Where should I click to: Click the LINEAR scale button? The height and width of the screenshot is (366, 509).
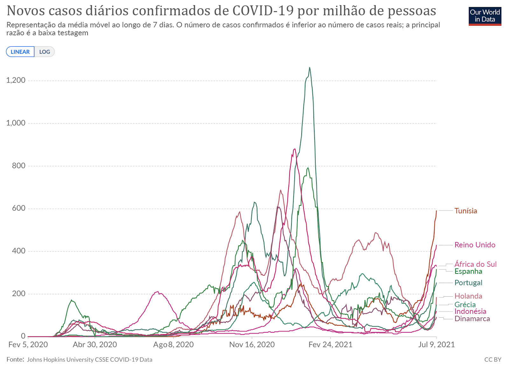point(20,52)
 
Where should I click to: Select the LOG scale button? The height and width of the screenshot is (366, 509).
point(45,52)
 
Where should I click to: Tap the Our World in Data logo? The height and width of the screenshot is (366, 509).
point(485,16)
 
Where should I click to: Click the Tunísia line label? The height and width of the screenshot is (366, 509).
point(466,211)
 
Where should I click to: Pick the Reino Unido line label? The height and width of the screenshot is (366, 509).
point(475,245)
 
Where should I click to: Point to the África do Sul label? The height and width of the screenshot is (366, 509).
point(475,264)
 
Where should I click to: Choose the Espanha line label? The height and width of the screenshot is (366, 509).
point(468,271)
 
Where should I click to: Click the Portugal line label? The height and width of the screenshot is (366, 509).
point(468,283)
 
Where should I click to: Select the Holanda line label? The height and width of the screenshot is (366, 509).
point(468,296)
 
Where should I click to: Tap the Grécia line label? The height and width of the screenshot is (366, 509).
point(465,305)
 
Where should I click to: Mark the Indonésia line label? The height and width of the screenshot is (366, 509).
point(470,311)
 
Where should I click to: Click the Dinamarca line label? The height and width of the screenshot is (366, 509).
point(472,319)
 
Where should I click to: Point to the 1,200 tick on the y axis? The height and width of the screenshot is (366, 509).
point(16,80)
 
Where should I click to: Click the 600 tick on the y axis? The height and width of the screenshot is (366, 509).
point(18,208)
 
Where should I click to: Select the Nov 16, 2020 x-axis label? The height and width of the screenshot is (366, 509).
point(252,345)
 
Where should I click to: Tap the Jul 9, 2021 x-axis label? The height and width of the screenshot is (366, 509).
point(436,345)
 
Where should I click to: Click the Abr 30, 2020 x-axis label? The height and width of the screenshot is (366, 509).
point(95,345)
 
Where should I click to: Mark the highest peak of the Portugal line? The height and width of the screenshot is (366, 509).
point(310,67)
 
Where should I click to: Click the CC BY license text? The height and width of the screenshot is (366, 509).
point(492,360)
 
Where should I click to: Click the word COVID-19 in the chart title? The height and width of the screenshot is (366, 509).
point(263,10)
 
